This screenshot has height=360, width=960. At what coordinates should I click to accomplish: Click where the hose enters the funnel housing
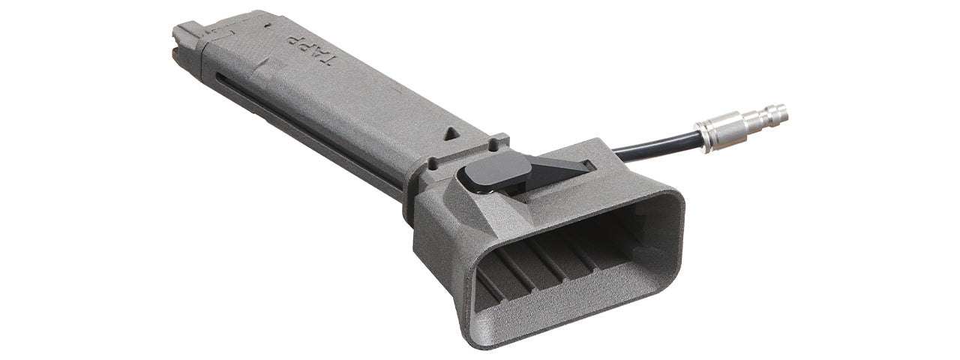(x=618, y=153)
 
